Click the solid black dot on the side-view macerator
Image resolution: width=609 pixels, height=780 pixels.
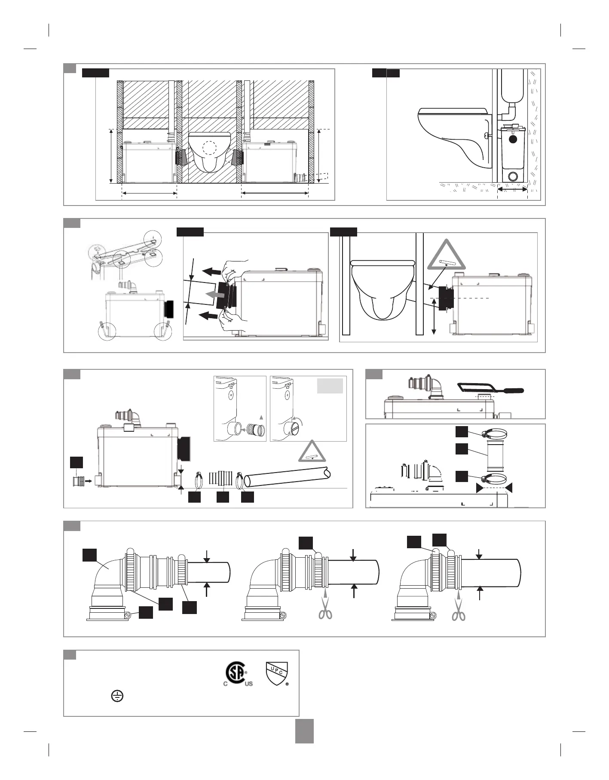tap(512, 139)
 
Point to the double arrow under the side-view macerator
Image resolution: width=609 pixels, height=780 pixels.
tap(512, 189)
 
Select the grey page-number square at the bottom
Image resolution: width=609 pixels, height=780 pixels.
tap(304, 731)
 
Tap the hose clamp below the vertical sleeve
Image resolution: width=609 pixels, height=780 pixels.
tap(494, 477)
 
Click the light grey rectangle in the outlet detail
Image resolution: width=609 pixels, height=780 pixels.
tap(330, 386)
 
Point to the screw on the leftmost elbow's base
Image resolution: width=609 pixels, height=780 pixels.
tap(128, 615)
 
